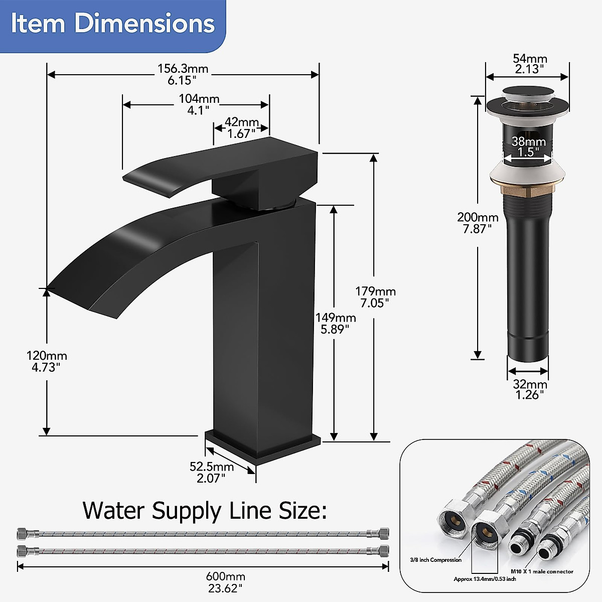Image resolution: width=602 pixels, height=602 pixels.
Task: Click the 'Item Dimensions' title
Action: pyautogui.click(x=112, y=24)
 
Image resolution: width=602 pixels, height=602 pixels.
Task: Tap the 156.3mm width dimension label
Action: pyautogui.click(x=183, y=74)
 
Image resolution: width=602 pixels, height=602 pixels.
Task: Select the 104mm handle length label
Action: pyautogui.click(x=199, y=104)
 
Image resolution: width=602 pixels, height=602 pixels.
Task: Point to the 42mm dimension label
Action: pyautogui.click(x=241, y=128)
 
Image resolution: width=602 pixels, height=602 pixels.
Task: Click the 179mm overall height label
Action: pyautogui.click(x=375, y=297)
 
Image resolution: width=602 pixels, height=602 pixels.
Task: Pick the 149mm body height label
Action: pyautogui.click(x=335, y=323)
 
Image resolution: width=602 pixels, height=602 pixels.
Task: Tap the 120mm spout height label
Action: pyautogui.click(x=46, y=361)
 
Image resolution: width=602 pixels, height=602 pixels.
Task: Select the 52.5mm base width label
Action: pyautogui.click(x=211, y=472)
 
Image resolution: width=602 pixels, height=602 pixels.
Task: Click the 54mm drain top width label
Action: pyautogui.click(x=530, y=64)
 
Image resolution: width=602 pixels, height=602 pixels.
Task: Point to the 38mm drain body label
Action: pyautogui.click(x=529, y=146)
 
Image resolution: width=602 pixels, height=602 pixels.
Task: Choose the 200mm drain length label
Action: pyautogui.click(x=478, y=223)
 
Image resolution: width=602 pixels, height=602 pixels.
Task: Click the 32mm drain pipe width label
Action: pyautogui.click(x=530, y=389)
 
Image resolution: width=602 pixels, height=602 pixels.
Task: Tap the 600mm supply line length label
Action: pyautogui.click(x=225, y=582)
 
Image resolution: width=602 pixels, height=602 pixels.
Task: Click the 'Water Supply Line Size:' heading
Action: pyautogui.click(x=205, y=511)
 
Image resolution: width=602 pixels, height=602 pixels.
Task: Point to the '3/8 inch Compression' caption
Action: pyautogui.click(x=434, y=560)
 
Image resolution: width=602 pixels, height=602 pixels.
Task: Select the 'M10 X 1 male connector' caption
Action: pyautogui.click(x=542, y=571)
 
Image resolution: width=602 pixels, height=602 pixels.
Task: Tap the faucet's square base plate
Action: pyautogui.click(x=262, y=444)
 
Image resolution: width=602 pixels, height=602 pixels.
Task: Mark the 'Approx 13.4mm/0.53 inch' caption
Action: pyautogui.click(x=485, y=579)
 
